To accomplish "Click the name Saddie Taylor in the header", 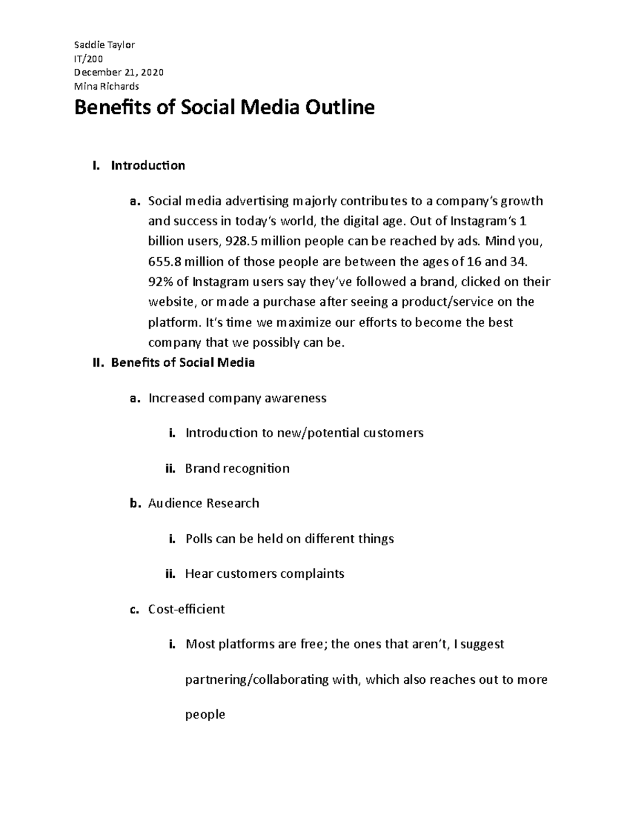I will pyautogui.click(x=104, y=45).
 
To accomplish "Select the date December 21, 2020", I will pyautogui.click(x=119, y=72).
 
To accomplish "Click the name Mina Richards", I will pyautogui.click(x=107, y=86).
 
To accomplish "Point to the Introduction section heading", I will pyautogui.click(x=148, y=166).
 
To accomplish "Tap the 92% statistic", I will pyautogui.click(x=160, y=282).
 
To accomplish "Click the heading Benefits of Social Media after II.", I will pyautogui.click(x=183, y=363).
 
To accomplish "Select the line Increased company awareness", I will pyautogui.click(x=237, y=398).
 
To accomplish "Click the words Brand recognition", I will pyautogui.click(x=237, y=468).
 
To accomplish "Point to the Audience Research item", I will pyautogui.click(x=204, y=503).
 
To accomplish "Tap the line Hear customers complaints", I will pyautogui.click(x=265, y=574).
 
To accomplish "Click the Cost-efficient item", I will pyautogui.click(x=186, y=609).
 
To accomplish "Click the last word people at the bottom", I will pyautogui.click(x=205, y=715).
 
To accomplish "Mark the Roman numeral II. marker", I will pyautogui.click(x=99, y=363).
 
